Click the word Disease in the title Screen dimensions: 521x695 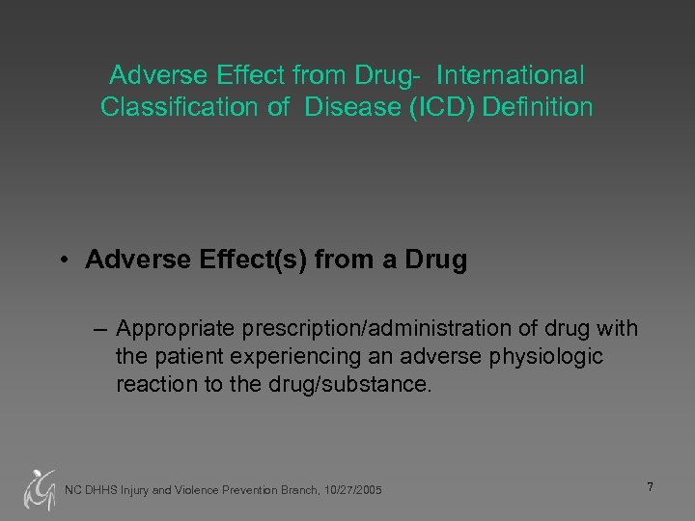347,107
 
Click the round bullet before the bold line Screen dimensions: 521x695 62,261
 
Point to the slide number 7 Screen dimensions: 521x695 650,487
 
